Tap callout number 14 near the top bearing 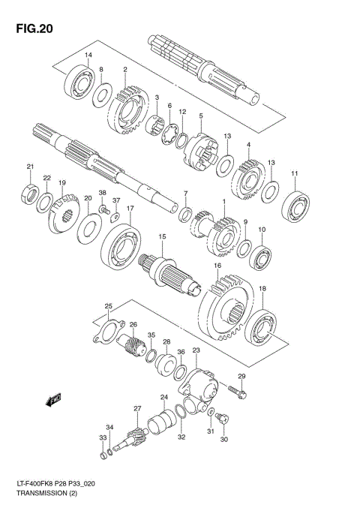88,56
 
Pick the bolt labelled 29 237,390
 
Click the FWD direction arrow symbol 53,401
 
